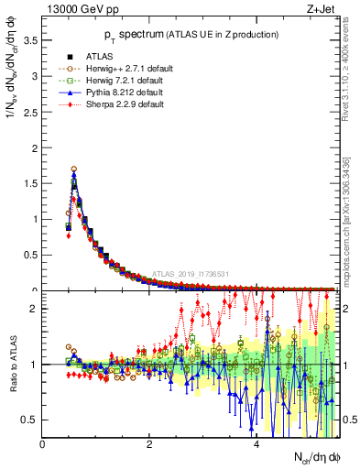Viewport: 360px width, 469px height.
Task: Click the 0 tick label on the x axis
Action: pos(42,444)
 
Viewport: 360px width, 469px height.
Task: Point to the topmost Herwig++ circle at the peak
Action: pos(74,169)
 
